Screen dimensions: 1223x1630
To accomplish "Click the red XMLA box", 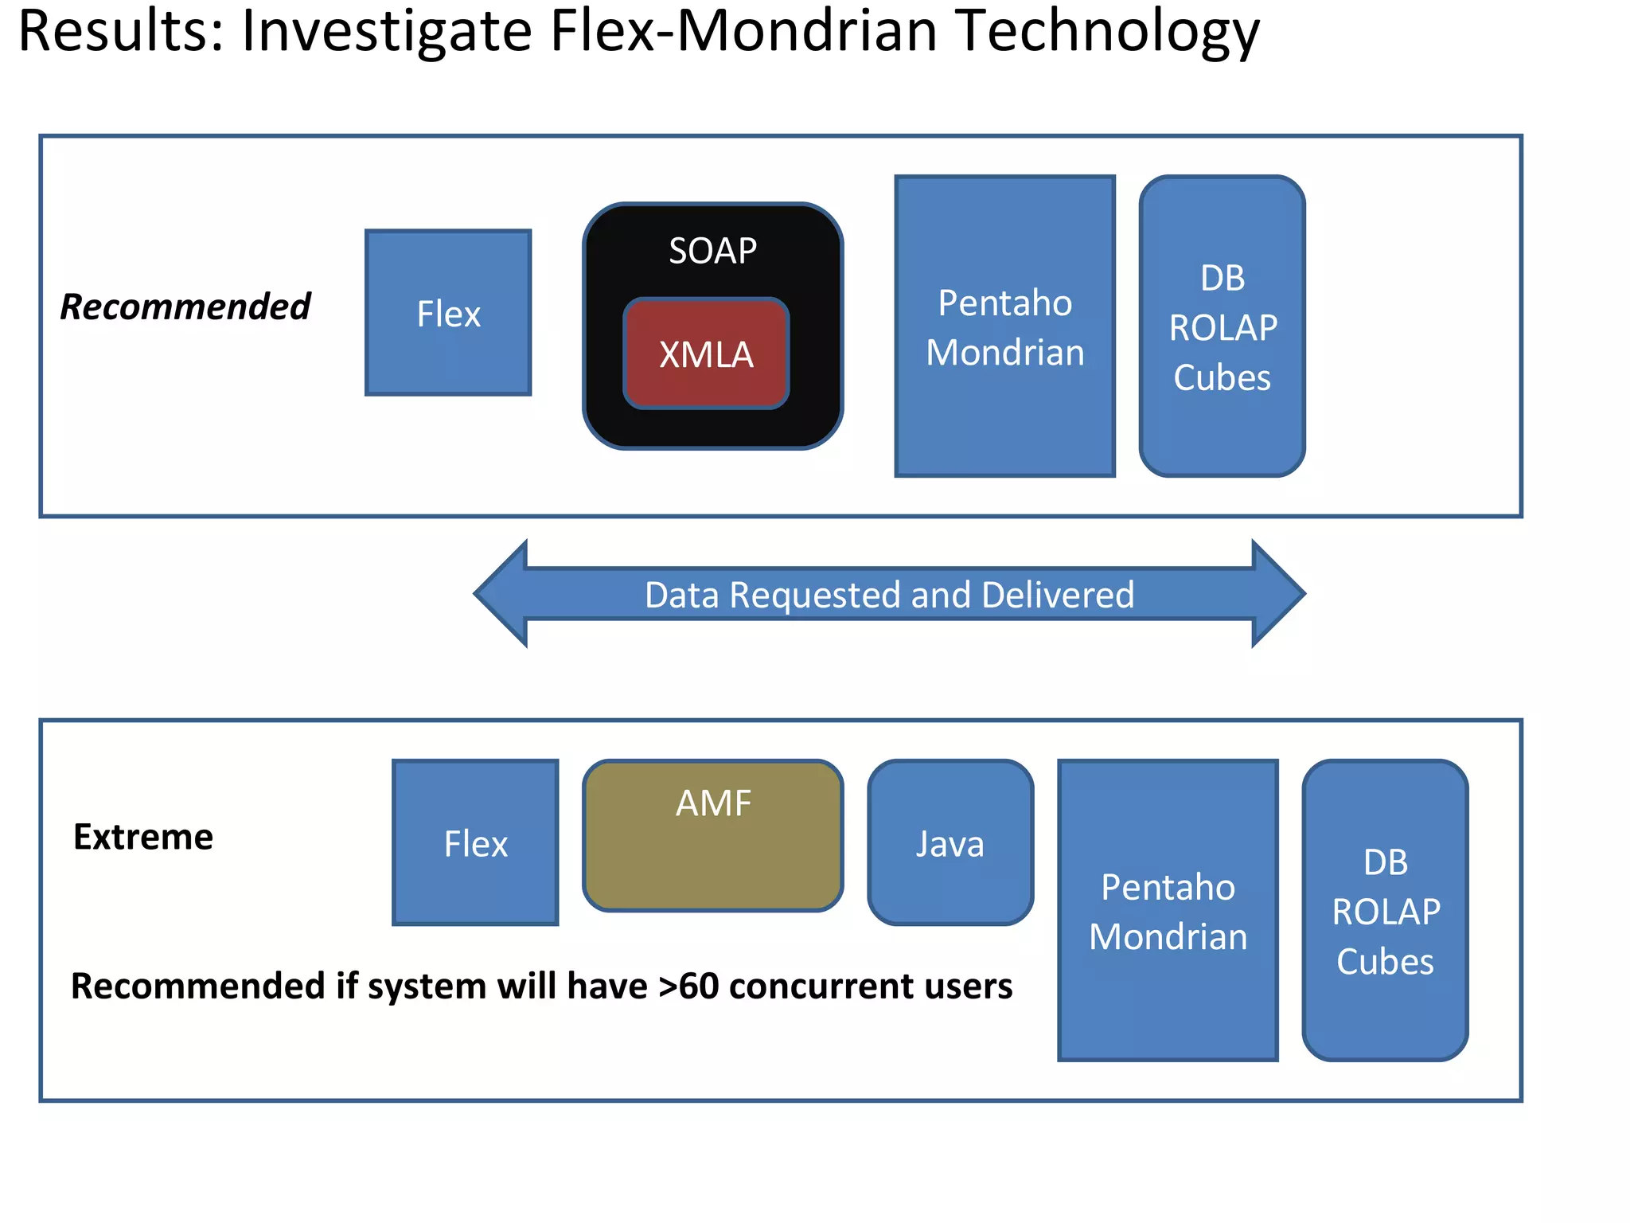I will click(706, 354).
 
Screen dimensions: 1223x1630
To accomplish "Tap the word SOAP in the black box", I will click(712, 251).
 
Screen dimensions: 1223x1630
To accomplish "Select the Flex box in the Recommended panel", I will click(448, 313).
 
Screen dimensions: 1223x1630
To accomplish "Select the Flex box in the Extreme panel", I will click(475, 842).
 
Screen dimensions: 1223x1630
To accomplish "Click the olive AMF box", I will click(712, 834).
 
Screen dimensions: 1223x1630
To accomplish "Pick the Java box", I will click(950, 842).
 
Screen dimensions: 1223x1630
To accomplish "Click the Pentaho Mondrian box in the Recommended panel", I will click(1004, 326).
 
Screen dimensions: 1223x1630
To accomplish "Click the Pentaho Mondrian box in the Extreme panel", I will click(1168, 911).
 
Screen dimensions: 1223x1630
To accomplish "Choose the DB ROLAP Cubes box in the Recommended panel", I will click(1222, 326).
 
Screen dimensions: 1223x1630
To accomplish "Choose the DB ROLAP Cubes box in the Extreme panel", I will click(1385, 911).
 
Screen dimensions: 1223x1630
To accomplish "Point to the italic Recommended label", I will click(185, 307).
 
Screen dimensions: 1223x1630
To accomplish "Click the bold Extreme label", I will click(143, 837).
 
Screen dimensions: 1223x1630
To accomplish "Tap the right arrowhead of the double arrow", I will click(1277, 593).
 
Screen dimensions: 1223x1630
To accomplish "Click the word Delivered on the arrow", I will click(1058, 595).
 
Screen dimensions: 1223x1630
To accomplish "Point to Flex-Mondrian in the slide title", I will click(743, 32).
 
